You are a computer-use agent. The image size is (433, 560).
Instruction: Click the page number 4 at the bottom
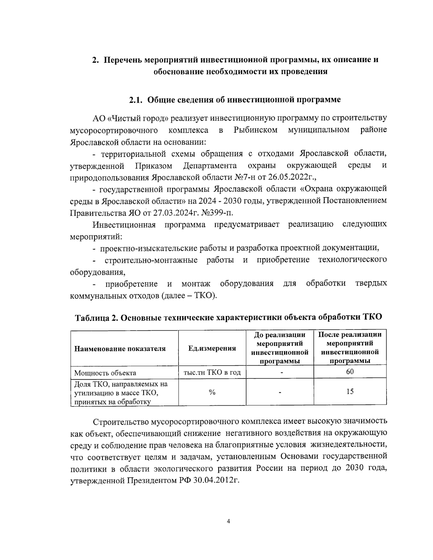pos(228,521)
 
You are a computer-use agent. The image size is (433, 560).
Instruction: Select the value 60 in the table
pos(350,372)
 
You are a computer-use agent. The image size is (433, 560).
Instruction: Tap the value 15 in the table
pos(350,392)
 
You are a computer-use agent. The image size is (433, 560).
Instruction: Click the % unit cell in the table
pos(212,392)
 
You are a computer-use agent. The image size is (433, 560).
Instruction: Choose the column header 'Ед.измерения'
pos(212,348)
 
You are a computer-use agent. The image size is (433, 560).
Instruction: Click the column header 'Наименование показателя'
pos(120,348)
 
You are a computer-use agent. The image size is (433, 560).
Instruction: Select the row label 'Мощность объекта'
pos(105,373)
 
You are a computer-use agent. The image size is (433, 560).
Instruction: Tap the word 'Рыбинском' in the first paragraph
pos(255,130)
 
